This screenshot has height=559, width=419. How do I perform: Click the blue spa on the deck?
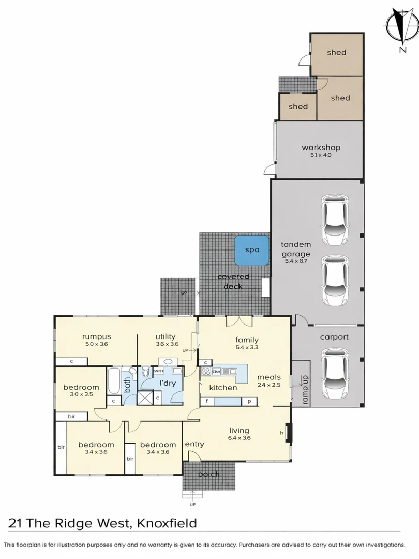(x=252, y=250)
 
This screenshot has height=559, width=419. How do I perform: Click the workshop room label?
(x=321, y=148)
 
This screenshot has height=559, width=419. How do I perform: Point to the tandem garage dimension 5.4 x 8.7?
(x=296, y=262)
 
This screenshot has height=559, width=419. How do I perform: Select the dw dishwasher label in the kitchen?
(x=217, y=371)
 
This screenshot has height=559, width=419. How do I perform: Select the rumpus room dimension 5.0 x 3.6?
(x=96, y=344)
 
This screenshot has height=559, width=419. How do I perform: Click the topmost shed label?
(x=336, y=52)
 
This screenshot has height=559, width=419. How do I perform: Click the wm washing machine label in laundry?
(x=158, y=371)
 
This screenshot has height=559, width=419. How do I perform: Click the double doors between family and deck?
(x=239, y=321)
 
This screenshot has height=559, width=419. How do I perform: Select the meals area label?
(x=268, y=377)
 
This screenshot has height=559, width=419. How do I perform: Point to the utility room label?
(x=166, y=336)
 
